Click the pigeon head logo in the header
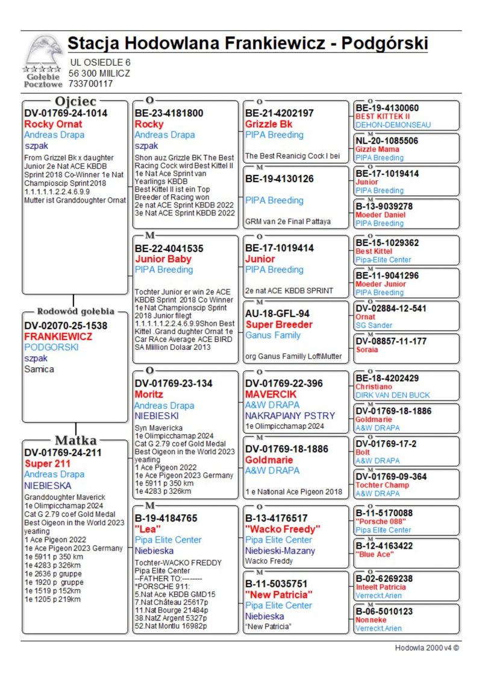(x=44, y=51)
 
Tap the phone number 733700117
(x=90, y=84)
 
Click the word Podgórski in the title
(x=384, y=43)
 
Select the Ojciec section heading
(x=75, y=101)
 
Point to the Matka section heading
(x=75, y=440)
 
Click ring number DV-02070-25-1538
(x=66, y=326)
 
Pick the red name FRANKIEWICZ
(x=58, y=336)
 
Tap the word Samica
(x=39, y=369)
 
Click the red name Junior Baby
(x=163, y=259)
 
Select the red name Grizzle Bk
(x=269, y=124)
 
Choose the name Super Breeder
(x=279, y=324)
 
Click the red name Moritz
(x=149, y=394)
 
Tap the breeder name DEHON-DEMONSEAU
(x=393, y=125)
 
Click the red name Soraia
(x=367, y=350)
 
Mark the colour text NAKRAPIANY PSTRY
(x=290, y=415)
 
